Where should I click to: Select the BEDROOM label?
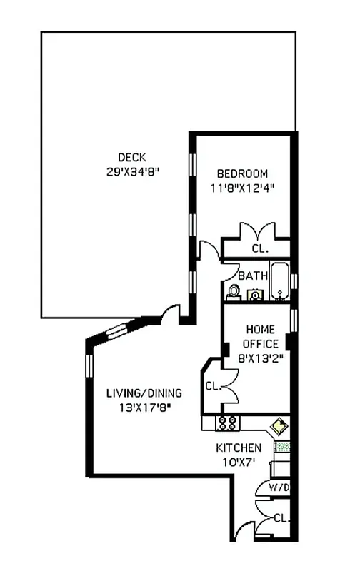243,173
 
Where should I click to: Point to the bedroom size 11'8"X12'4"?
243,188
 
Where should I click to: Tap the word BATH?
253,276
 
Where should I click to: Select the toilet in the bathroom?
234,291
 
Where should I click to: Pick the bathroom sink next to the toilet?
254,295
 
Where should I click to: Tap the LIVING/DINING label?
144,393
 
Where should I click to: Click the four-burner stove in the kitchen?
227,423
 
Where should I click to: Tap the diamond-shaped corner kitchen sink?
279,426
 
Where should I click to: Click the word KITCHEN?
239,448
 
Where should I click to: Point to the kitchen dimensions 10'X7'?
239,462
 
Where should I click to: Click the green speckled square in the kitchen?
283,448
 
